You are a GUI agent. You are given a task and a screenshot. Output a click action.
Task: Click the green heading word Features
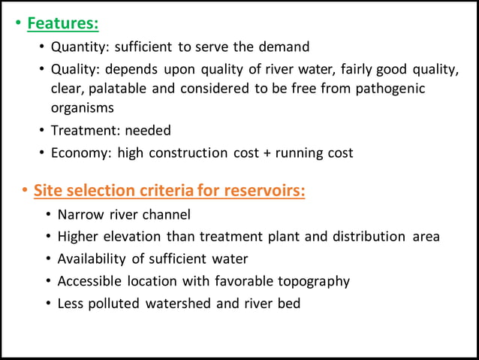coord(62,23)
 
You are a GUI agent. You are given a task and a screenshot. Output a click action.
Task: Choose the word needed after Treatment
coord(148,130)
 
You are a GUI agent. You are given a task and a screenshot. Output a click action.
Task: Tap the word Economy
coord(78,153)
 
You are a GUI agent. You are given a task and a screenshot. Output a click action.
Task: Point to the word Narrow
coord(82,214)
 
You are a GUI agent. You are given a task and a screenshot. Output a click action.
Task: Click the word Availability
coord(95,259)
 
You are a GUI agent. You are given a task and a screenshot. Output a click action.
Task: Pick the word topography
coord(314,281)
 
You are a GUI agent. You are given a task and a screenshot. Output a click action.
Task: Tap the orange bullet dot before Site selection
coord(25,190)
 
